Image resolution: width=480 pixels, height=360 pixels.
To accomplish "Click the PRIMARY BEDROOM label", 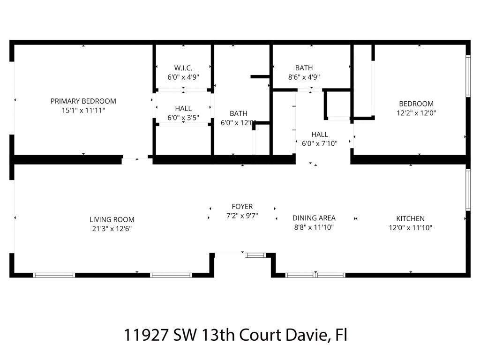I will click(x=83, y=101).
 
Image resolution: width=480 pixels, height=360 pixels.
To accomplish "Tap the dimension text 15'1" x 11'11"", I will click(x=83, y=111).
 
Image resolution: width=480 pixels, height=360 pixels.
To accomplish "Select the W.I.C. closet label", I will click(x=183, y=68).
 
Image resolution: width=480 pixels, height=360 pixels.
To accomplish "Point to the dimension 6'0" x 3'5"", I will click(x=183, y=118).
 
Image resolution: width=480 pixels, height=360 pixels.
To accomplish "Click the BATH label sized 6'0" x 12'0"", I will click(x=238, y=113).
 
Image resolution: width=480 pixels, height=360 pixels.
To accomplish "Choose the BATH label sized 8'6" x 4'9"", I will click(x=304, y=68).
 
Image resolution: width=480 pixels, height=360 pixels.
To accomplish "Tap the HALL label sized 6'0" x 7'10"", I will click(x=319, y=134).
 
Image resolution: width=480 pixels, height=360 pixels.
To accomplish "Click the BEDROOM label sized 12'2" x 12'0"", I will click(x=416, y=104).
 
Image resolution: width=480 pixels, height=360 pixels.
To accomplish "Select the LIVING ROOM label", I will click(x=112, y=219).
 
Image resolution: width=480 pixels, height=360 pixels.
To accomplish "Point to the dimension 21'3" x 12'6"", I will click(x=112, y=229).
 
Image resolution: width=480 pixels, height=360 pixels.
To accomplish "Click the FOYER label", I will click(x=242, y=206).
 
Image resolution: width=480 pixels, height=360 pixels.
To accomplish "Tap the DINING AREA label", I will click(x=314, y=218).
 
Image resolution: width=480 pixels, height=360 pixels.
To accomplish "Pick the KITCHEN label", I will click(x=410, y=218).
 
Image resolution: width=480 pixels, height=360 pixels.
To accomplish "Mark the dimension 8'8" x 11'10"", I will click(x=314, y=227).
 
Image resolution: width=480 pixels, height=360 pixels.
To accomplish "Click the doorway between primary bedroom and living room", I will click(x=136, y=160).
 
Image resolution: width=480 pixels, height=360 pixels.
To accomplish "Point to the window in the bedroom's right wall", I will click(x=467, y=76).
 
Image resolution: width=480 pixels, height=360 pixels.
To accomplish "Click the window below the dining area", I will click(x=315, y=275).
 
